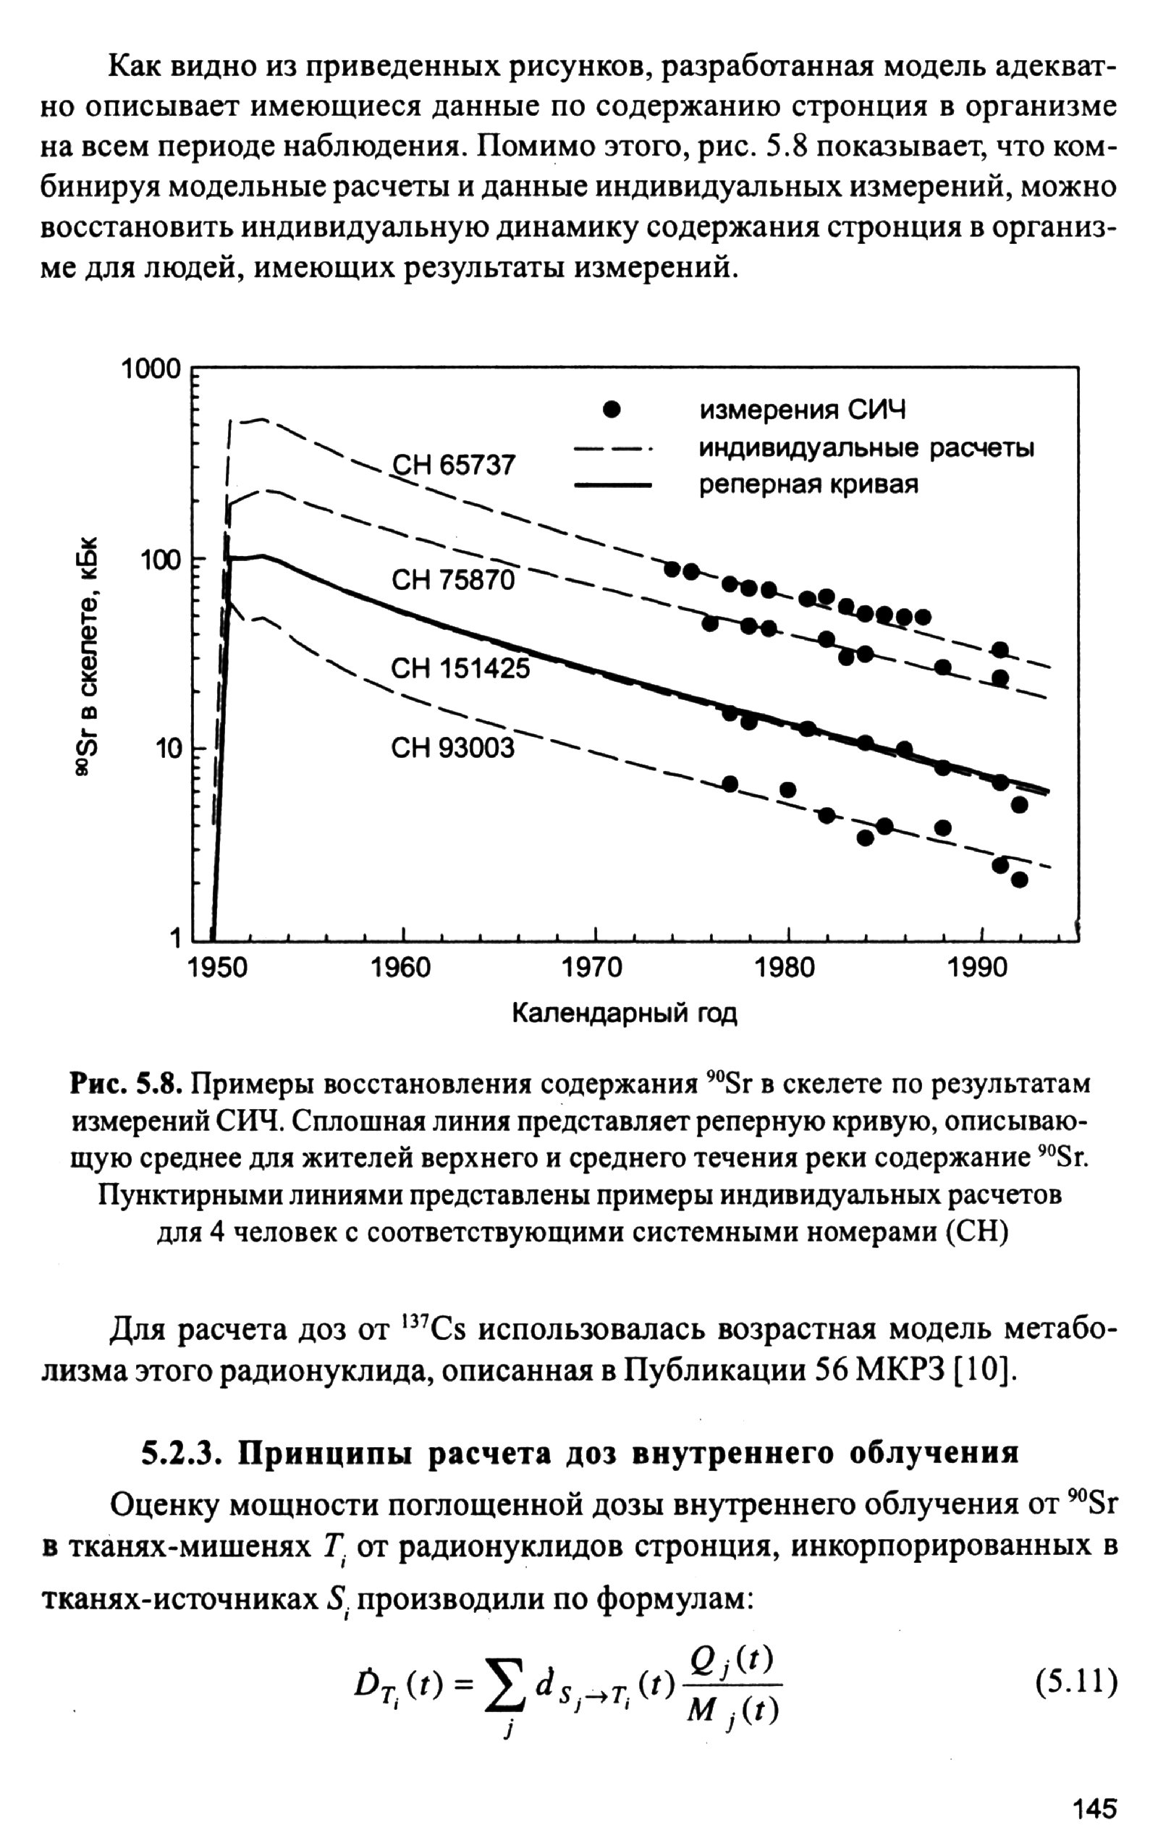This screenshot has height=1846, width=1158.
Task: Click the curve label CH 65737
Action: coord(453,465)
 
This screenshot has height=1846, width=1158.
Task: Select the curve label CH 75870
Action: coord(453,580)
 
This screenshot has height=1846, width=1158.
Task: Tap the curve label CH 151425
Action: coord(460,669)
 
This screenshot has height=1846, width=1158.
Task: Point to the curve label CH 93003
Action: coord(452,748)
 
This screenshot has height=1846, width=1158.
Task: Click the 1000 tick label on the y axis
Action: coord(152,370)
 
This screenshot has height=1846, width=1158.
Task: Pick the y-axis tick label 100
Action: coord(160,560)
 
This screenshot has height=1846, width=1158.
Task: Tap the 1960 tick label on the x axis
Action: coord(400,967)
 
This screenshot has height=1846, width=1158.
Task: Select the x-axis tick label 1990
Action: coord(979,967)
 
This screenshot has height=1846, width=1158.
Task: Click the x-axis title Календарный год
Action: coord(624,1013)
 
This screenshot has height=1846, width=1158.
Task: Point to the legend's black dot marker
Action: coord(611,410)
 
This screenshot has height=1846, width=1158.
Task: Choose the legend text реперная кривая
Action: coord(808,485)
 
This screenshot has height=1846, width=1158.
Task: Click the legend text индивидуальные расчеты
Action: coord(866,448)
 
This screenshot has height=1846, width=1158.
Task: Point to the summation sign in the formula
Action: coord(506,1685)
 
